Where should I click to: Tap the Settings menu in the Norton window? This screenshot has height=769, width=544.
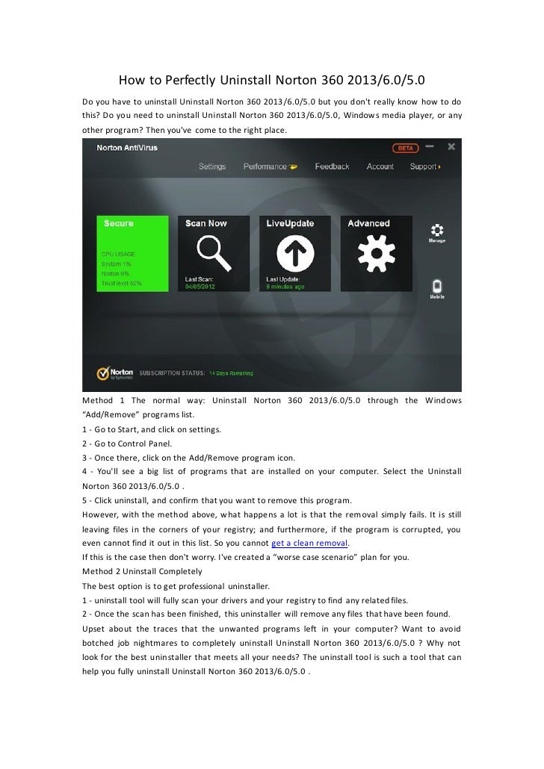(212, 166)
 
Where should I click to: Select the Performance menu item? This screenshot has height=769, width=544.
(265, 166)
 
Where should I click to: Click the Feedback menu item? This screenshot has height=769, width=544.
(332, 166)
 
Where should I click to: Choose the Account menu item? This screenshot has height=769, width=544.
(380, 166)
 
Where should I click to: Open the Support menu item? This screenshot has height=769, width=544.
(424, 166)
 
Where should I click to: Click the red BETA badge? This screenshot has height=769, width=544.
(407, 148)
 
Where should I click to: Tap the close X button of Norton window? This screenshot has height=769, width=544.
(451, 147)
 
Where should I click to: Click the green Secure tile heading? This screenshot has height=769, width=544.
(119, 222)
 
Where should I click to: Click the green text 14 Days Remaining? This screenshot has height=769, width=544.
(230, 373)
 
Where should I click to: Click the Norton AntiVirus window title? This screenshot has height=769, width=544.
(124, 148)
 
